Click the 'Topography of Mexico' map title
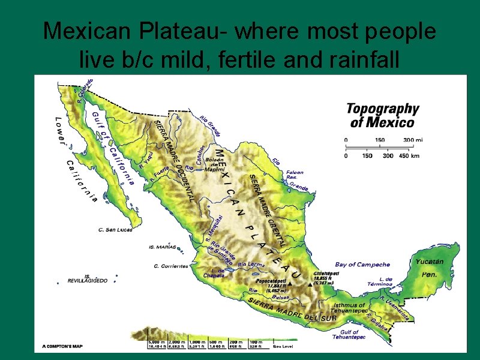click(382, 115)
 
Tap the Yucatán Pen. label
click(429, 268)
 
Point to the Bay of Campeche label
click(362, 265)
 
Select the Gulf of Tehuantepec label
click(349, 334)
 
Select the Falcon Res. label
click(295, 175)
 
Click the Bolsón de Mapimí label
click(214, 163)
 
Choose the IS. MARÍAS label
click(162, 247)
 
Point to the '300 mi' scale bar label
click(413, 140)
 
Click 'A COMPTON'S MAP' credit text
click(62, 346)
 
